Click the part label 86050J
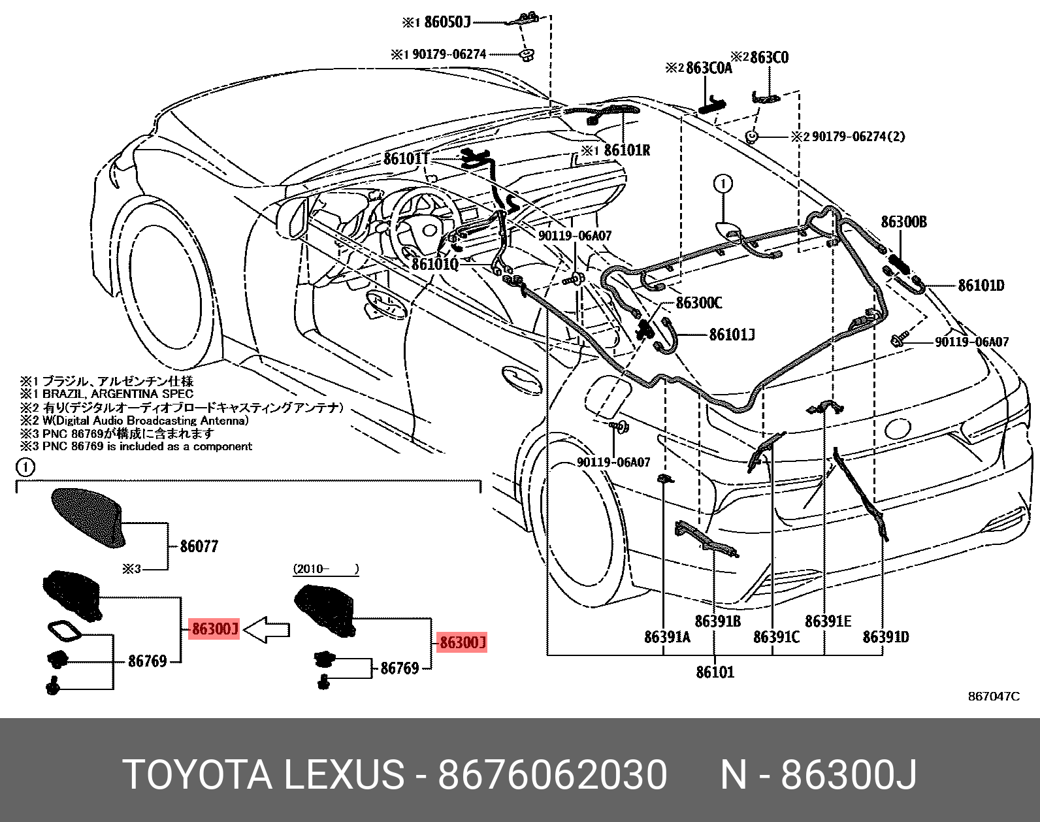[447, 22]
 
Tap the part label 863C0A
[708, 68]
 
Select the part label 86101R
[626, 150]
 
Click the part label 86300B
[903, 222]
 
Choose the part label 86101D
[981, 286]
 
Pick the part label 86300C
[698, 303]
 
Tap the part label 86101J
[732, 335]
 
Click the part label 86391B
[717, 621]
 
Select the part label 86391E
[828, 621]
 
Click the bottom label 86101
[715, 672]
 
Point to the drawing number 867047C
[993, 697]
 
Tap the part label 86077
[199, 546]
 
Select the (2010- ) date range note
[325, 569]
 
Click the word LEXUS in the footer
[344, 776]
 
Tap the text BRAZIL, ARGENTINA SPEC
[118, 394]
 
